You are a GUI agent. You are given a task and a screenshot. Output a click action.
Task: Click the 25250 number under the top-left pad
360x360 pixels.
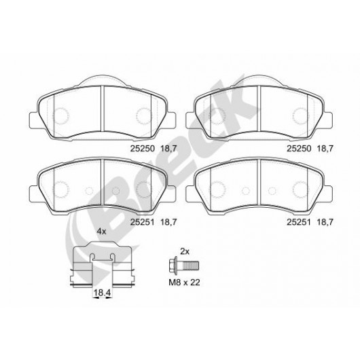point(143,149)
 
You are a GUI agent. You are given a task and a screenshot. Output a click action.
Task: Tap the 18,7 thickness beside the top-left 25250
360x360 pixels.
point(168,149)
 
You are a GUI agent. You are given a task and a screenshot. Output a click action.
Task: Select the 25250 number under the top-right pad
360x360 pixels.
point(299,149)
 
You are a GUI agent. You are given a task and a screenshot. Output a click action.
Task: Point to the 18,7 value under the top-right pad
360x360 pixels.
point(325,149)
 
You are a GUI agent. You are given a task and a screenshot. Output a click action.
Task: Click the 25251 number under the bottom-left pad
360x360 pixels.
point(142,222)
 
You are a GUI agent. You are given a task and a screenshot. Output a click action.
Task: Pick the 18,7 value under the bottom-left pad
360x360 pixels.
point(168,222)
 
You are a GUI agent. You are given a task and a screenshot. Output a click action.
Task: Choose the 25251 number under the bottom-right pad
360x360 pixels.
point(298,222)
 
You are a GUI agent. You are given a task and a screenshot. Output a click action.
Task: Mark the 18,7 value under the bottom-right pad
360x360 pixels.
point(325,222)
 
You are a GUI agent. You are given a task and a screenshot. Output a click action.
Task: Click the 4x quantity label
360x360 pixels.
point(101,232)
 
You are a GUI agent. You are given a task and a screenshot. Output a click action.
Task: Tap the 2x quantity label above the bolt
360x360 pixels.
point(184,252)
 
